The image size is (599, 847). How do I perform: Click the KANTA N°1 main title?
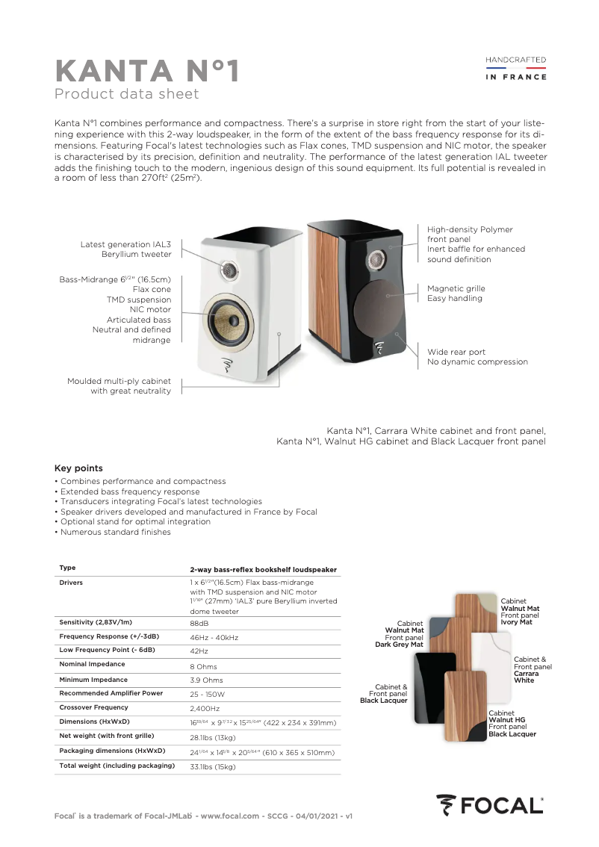coord(148,72)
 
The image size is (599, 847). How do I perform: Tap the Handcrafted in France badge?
coord(516,67)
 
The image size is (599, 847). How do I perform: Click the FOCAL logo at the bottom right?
coord(490,804)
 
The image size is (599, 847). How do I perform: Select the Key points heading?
coord(78,468)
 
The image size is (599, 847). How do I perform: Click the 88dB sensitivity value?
coord(199,622)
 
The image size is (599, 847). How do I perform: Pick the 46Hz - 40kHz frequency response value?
coord(214,637)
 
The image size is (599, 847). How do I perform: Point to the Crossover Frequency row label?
coord(93,707)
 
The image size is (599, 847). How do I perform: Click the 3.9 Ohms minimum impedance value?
coord(206,680)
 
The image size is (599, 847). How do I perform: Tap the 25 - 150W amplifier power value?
coord(208,694)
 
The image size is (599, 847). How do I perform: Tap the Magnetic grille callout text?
coord(456,293)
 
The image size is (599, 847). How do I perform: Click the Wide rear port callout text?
coord(477,356)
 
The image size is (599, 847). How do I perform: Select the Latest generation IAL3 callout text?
coord(125,249)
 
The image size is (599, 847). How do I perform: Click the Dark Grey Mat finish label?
coord(399,645)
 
